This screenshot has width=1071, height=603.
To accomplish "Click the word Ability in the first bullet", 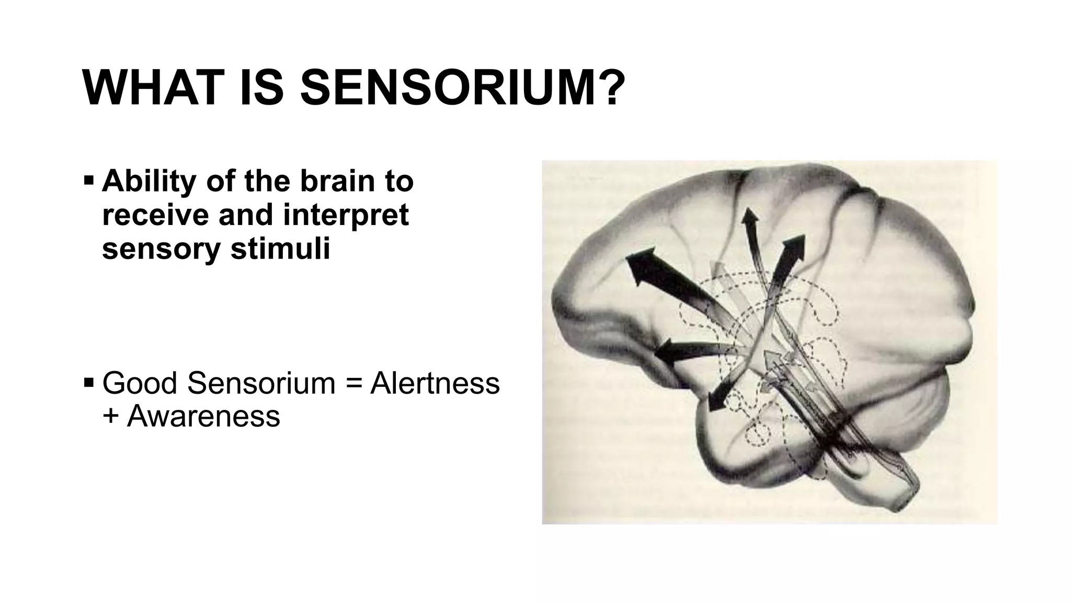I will pyautogui.click(x=149, y=181).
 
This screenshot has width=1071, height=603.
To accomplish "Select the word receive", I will pyautogui.click(x=154, y=215).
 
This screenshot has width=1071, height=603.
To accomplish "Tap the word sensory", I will pyautogui.click(x=161, y=248).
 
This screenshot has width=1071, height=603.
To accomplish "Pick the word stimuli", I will pyautogui.click(x=280, y=248).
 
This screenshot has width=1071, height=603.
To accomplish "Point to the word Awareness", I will pyautogui.click(x=203, y=416).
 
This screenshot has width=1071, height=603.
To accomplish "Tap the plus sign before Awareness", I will pyautogui.click(x=110, y=417).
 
